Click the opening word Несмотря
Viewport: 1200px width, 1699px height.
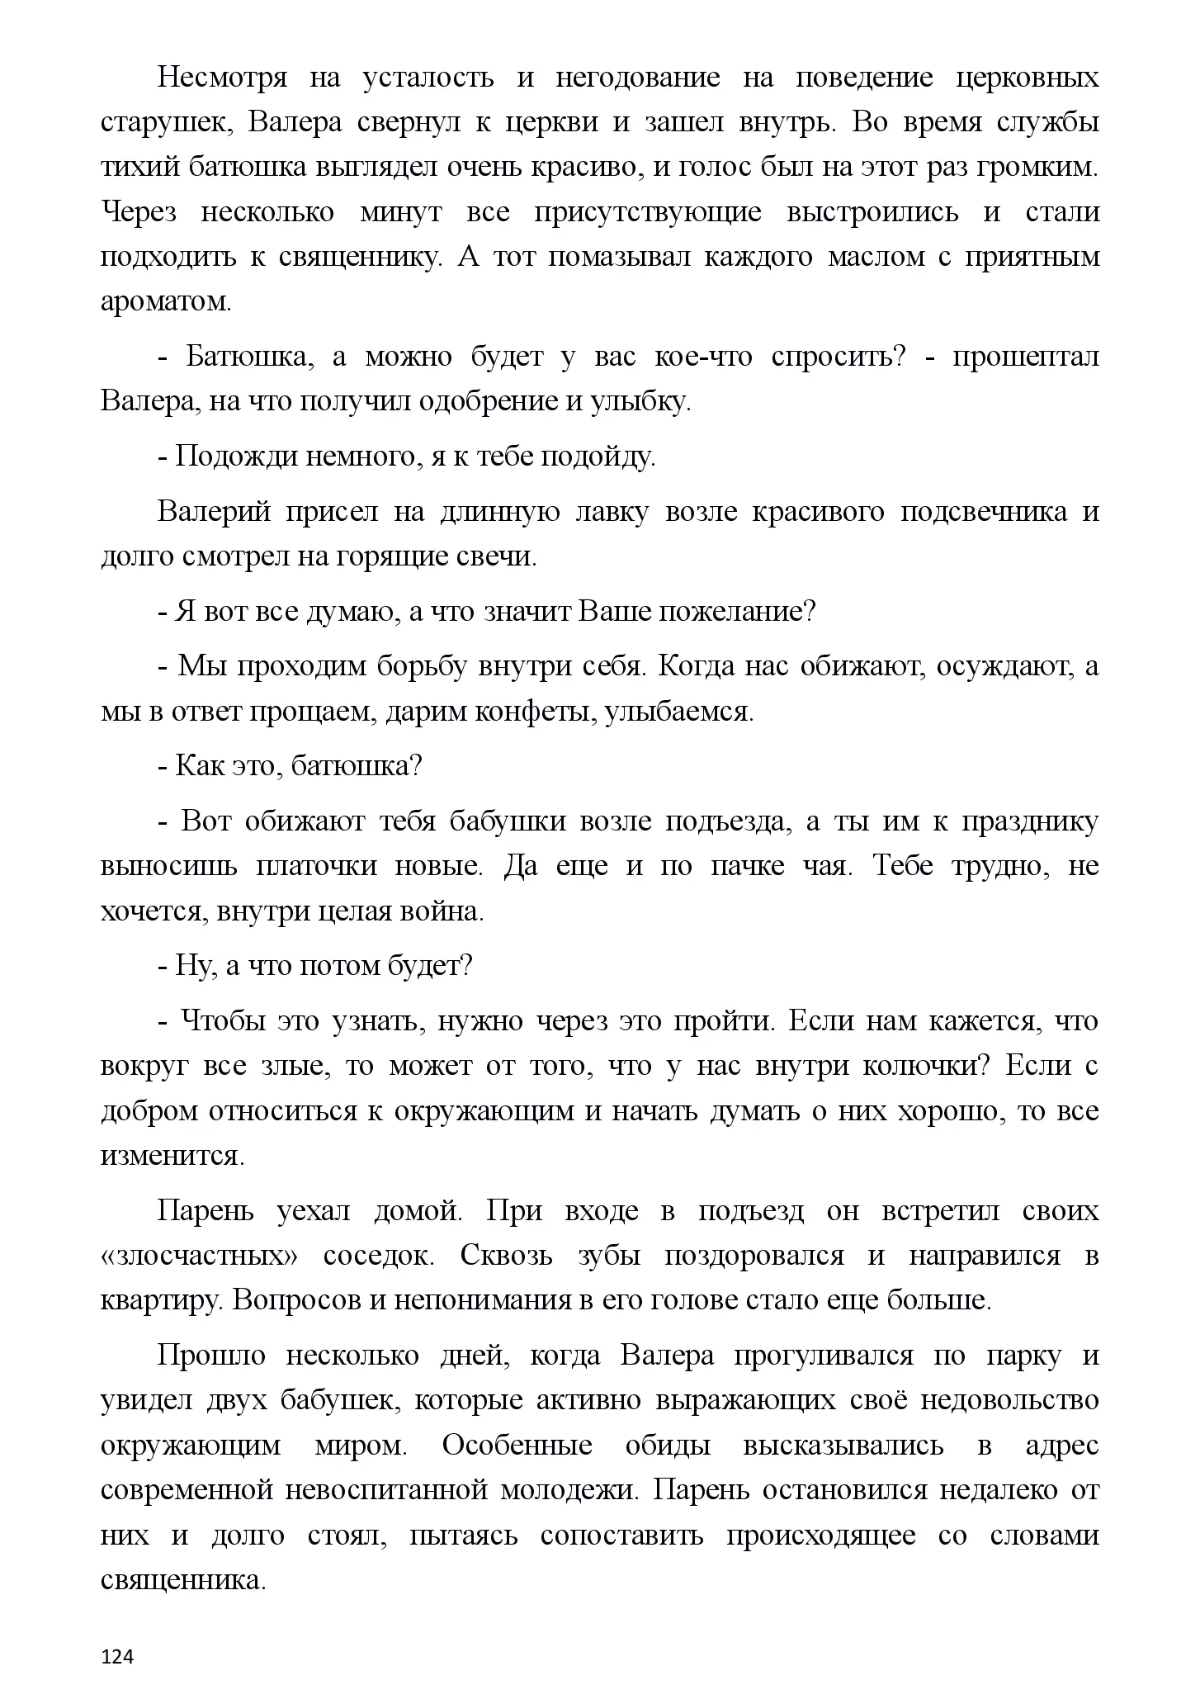click(222, 78)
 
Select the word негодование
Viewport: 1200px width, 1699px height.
click(637, 78)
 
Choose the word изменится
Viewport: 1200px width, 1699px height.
click(172, 1156)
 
